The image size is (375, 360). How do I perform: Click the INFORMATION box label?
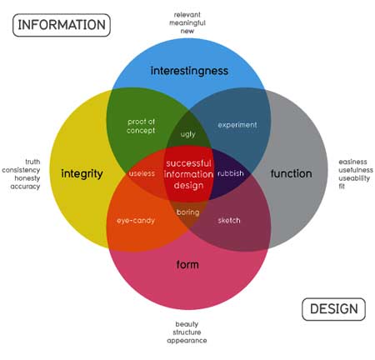[x=62, y=25]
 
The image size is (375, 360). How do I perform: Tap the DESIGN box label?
[x=333, y=309]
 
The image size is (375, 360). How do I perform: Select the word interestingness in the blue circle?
[x=189, y=71]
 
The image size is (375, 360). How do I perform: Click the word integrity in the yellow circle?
[x=82, y=174]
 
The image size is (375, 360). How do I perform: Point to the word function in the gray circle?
[x=291, y=173]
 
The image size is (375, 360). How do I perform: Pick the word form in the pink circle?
[x=187, y=264]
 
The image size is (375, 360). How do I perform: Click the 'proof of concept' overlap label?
[x=141, y=126]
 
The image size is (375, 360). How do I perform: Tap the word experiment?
[x=237, y=125]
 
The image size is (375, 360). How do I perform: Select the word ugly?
[x=188, y=134]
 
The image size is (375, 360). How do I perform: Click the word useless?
[x=142, y=173]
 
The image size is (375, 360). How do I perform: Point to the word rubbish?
[x=231, y=173]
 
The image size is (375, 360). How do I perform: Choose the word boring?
[x=188, y=212]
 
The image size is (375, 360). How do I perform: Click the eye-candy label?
[x=136, y=221]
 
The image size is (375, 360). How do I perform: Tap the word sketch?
[x=229, y=221]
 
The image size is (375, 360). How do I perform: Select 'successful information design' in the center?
[x=188, y=174]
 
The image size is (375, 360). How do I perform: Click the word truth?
[x=32, y=162]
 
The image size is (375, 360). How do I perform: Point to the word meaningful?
[x=187, y=23]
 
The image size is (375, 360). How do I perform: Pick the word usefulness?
[x=356, y=170]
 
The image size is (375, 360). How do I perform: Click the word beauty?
[x=187, y=324]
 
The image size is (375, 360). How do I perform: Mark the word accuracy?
[x=25, y=187]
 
